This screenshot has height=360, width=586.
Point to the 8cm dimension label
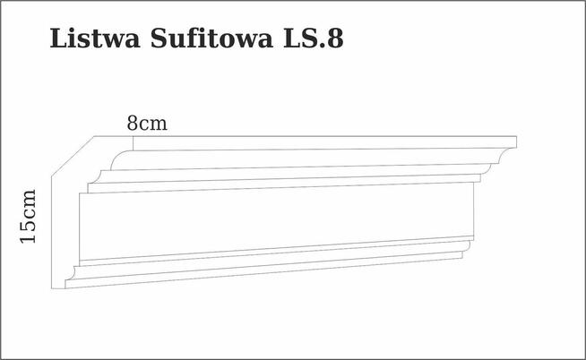[147, 124]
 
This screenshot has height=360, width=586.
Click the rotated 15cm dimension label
[29, 216]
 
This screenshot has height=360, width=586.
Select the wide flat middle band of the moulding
[269, 220]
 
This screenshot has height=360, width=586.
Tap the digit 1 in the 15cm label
[29, 237]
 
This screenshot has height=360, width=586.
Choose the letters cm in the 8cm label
[153, 124]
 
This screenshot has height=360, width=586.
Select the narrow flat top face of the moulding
[305, 143]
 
